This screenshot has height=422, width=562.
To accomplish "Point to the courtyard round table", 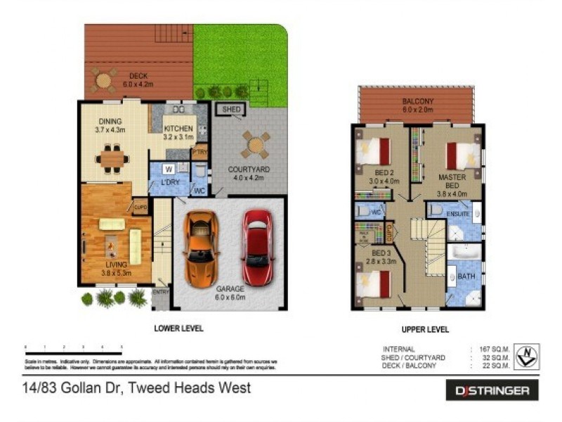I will tap(255, 144).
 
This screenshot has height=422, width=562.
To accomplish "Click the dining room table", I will tap(112, 159).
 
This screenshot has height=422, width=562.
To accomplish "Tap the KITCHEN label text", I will tap(178, 129).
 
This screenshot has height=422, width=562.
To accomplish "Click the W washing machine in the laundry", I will tap(169, 169).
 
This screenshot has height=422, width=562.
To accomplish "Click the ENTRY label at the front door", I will tap(161, 293).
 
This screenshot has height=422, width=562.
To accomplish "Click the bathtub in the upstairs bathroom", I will tap(464, 252).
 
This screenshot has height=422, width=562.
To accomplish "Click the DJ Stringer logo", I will tap(492, 390).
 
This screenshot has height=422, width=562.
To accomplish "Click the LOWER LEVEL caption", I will tap(178, 328).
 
